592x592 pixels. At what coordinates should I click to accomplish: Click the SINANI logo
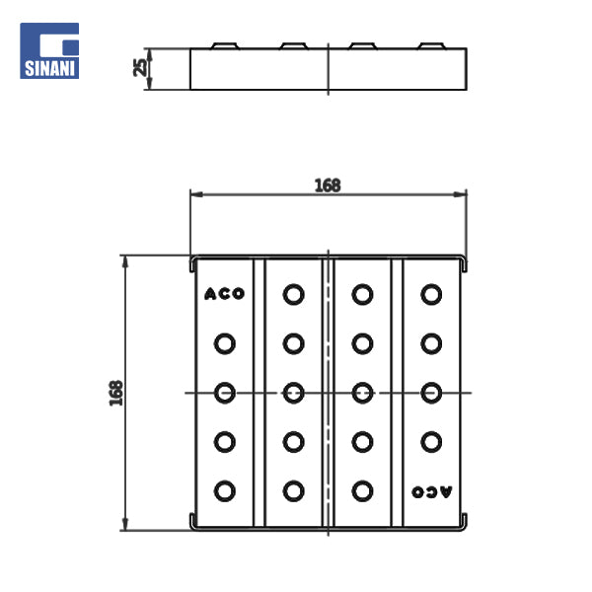pyautogui.click(x=49, y=50)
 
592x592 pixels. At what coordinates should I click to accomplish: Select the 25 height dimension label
pyautogui.click(x=140, y=67)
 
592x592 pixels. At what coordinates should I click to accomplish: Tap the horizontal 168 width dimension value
pyautogui.click(x=328, y=185)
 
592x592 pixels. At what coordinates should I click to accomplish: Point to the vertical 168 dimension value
pyautogui.click(x=115, y=393)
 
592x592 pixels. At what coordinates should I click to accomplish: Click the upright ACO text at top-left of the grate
pyautogui.click(x=225, y=294)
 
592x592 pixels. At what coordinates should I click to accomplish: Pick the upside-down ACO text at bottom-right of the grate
pyautogui.click(x=431, y=491)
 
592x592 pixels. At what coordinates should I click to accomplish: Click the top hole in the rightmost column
pyautogui.click(x=431, y=294)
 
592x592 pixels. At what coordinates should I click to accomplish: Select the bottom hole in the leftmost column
pyautogui.click(x=225, y=491)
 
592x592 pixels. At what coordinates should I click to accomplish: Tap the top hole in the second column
pyautogui.click(x=293, y=294)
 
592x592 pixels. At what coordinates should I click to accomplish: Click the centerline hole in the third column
pyautogui.click(x=362, y=393)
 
